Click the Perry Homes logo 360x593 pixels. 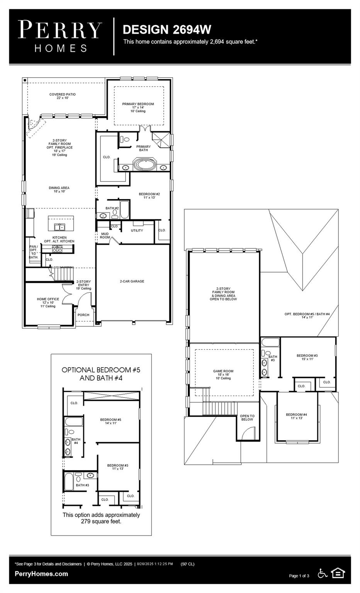[x=60, y=36]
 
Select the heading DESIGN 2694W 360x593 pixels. [x=167, y=29]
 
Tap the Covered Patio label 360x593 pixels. [x=63, y=96]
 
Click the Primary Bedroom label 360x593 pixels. [x=138, y=106]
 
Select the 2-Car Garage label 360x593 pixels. [x=132, y=281]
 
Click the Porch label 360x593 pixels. [x=83, y=315]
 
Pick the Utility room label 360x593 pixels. [x=137, y=230]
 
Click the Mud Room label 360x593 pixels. [x=105, y=236]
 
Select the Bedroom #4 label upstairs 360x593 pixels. [x=296, y=415]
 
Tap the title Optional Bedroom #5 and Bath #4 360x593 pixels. [x=101, y=374]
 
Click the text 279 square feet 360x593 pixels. [x=101, y=521]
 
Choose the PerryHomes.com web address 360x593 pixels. [x=41, y=574]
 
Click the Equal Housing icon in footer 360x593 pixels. [x=338, y=573]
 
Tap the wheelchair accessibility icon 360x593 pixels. [x=322, y=573]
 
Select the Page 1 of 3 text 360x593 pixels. [x=299, y=576]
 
